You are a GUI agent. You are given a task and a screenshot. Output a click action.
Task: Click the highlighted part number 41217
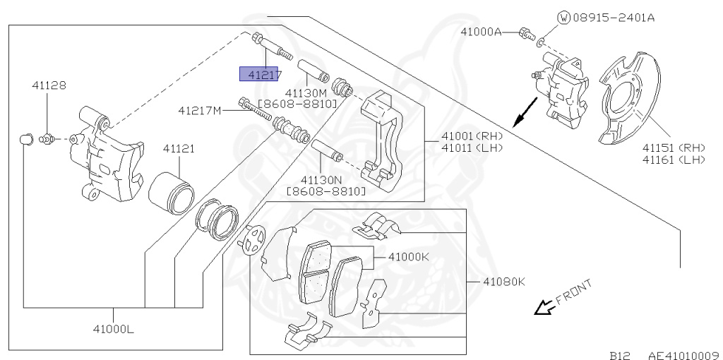(261, 74)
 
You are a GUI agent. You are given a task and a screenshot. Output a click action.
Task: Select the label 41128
(48, 85)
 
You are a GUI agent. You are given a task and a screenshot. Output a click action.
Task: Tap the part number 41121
(179, 149)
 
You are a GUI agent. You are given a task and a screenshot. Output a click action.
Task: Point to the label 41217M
(200, 111)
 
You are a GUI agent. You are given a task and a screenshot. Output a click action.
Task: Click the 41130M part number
(306, 92)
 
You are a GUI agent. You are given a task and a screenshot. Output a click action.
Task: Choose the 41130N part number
(321, 179)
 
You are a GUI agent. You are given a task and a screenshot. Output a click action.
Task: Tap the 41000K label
(408, 257)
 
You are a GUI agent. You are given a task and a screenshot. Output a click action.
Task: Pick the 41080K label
(504, 282)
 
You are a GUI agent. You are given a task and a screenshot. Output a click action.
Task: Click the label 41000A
(481, 32)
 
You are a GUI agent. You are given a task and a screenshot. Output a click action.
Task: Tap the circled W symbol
(563, 18)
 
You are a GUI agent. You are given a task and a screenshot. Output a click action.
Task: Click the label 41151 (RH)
(673, 148)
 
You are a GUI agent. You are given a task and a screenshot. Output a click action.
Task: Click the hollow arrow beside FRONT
(544, 308)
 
